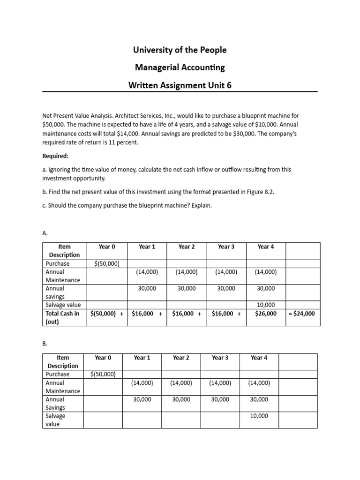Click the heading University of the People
coord(180,50)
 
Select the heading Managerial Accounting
coord(180,67)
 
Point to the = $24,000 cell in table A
coord(303,314)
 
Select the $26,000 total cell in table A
coord(266,314)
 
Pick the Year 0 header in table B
coord(103,358)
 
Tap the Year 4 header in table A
coord(266,247)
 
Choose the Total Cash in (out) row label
coord(62,317)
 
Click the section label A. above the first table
coord(45,232)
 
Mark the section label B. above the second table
coord(45,343)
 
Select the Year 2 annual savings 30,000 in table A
coord(187,289)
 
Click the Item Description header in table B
coord(63,361)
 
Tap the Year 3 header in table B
coord(220,358)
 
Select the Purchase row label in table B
coord(57,374)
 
